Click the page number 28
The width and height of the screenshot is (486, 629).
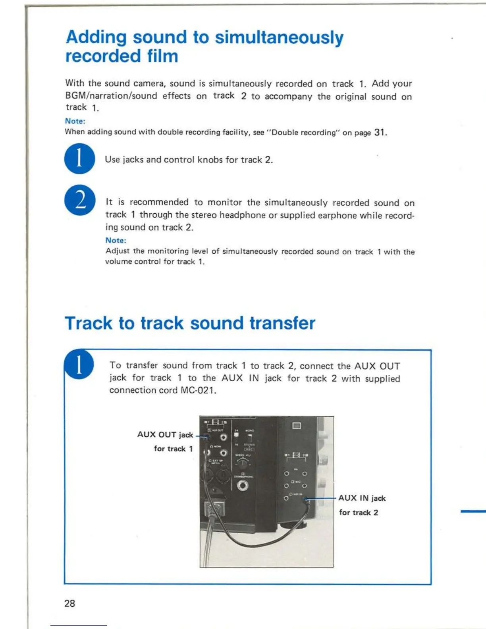pyautogui.click(x=69, y=603)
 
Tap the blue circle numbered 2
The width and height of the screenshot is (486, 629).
pyautogui.click(x=80, y=200)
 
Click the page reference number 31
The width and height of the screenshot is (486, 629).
pyautogui.click(x=379, y=132)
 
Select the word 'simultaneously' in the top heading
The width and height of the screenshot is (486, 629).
pyautogui.click(x=279, y=37)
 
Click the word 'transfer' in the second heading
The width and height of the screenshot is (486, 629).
pyautogui.click(x=282, y=323)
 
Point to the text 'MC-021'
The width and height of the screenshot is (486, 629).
pyautogui.click(x=198, y=390)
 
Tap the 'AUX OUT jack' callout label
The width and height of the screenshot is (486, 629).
pyautogui.click(x=165, y=434)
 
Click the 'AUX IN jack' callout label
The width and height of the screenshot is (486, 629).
pyautogui.click(x=362, y=498)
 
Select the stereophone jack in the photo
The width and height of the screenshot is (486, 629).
pyautogui.click(x=243, y=485)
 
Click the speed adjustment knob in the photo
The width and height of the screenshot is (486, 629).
pyautogui.click(x=242, y=463)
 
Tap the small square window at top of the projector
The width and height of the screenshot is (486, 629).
pyautogui.click(x=296, y=426)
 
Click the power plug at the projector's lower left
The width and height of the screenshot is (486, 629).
pyautogui.click(x=214, y=509)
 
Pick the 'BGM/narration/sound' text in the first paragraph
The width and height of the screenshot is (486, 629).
pyautogui.click(x=111, y=96)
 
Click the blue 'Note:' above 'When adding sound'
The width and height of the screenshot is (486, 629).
pyautogui.click(x=75, y=121)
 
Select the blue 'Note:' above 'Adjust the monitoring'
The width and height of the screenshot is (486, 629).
pyautogui.click(x=116, y=240)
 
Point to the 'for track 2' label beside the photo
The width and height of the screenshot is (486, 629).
pyautogui.click(x=358, y=513)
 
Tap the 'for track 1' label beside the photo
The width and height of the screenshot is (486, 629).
pyautogui.click(x=173, y=449)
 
